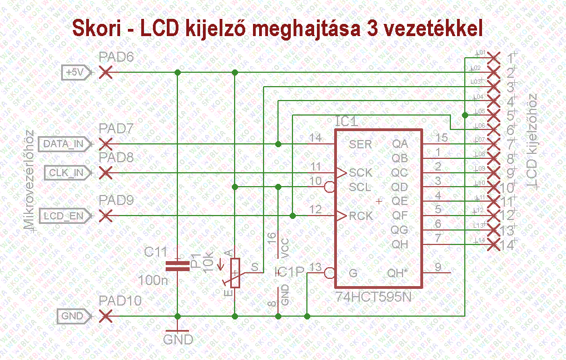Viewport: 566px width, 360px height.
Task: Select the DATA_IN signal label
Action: pos(63,144)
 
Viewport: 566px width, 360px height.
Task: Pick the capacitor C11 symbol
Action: pos(177,266)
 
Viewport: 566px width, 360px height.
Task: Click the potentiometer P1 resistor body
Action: pos(235,273)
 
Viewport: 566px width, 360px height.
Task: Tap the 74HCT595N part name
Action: pos(374,297)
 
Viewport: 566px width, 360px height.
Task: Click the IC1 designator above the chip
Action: pos(346,122)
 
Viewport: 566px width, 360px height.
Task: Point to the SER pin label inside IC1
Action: pos(360,144)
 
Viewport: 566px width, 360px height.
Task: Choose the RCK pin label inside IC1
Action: pos(361,216)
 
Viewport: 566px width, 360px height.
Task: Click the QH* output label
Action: pos(398,273)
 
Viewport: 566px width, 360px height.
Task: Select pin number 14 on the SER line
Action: pos(316,138)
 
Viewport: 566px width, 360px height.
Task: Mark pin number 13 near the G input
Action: pos(315,268)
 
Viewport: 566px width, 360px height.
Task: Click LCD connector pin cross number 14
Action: pos(493,244)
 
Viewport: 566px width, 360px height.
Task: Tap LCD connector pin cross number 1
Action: pos(493,57)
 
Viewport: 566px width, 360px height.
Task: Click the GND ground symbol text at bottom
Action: pos(178,339)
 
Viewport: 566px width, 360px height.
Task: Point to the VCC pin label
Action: pos(285,248)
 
